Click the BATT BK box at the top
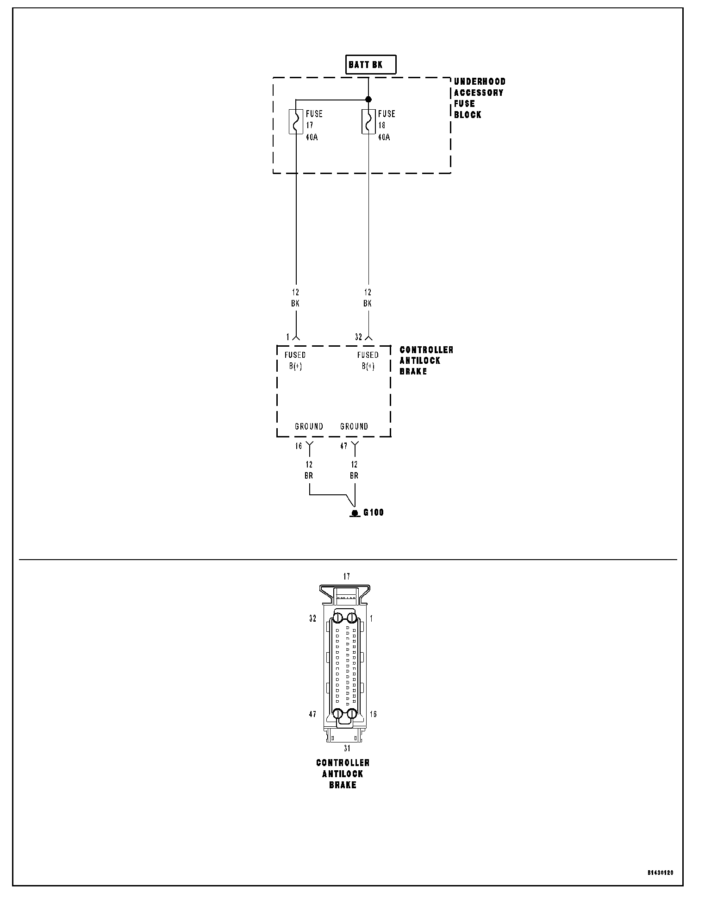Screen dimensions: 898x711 click(371, 65)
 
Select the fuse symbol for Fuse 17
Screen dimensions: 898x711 click(296, 122)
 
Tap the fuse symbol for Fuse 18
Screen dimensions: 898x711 click(368, 122)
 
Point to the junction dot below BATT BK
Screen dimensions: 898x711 click(368, 99)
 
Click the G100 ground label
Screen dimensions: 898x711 click(374, 513)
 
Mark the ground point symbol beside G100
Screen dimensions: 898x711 click(355, 513)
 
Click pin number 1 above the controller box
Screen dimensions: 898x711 click(288, 337)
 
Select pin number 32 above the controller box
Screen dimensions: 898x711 click(358, 337)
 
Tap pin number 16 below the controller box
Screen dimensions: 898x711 click(299, 446)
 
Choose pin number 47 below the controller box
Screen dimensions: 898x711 click(343, 446)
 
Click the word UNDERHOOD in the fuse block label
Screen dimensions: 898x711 click(480, 81)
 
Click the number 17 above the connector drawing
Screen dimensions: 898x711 click(347, 577)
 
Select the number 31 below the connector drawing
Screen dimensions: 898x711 click(347, 748)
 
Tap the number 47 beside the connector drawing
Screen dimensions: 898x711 click(312, 714)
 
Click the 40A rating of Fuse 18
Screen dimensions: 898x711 click(384, 137)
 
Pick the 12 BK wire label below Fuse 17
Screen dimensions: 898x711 click(296, 298)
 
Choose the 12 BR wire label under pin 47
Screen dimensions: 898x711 click(354, 470)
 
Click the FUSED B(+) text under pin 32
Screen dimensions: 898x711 click(368, 361)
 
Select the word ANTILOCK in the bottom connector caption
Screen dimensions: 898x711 click(343, 774)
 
